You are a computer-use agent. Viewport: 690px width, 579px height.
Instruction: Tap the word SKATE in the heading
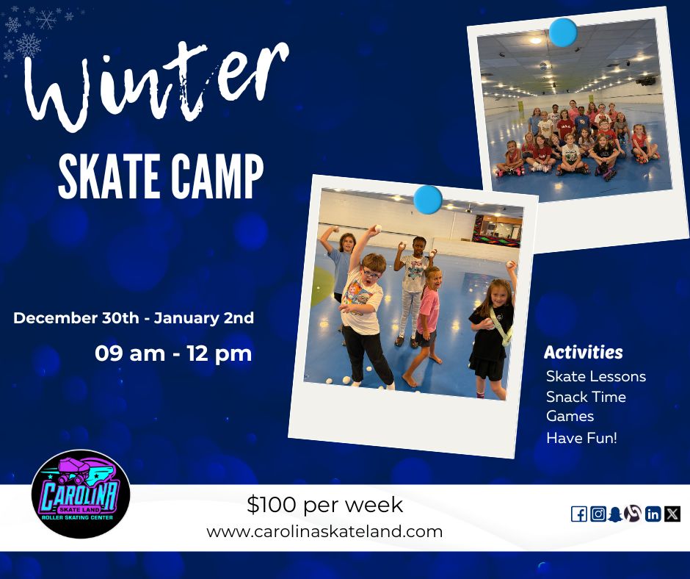[x=108, y=177]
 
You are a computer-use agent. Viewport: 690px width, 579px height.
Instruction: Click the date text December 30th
[x=76, y=318]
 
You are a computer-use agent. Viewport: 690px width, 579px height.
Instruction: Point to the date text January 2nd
[x=204, y=318]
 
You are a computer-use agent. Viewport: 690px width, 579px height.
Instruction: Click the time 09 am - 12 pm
[x=173, y=353]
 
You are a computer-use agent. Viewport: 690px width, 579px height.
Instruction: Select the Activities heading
[x=583, y=353]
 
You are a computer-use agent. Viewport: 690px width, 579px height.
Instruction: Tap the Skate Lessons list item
[x=595, y=376]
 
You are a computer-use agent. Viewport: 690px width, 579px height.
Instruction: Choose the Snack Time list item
[x=586, y=397]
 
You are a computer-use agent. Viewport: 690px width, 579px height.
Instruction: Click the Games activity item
[x=570, y=416]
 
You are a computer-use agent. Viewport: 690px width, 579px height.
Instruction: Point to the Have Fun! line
[x=581, y=438]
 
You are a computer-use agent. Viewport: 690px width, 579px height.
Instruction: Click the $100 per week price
[x=324, y=505]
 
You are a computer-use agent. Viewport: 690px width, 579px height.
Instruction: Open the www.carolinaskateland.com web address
[x=324, y=531]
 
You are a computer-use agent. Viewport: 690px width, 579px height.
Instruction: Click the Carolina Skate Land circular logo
[x=81, y=495]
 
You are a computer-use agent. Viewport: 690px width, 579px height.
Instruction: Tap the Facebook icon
[x=578, y=514]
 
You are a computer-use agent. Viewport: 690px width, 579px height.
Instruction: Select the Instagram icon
[x=598, y=514]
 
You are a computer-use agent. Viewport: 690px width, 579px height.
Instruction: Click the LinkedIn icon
[x=653, y=514]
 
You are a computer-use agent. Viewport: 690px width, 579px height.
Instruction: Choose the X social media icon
[x=672, y=514]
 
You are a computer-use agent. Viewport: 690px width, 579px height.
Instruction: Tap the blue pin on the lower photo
[x=427, y=199]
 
